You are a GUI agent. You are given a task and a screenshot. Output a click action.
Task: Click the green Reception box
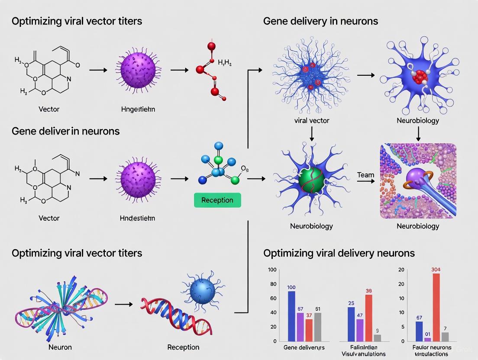tap(217, 200)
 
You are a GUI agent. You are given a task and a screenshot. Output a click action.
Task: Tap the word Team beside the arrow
tap(365, 175)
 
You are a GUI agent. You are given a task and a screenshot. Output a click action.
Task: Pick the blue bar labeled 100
tap(292, 316)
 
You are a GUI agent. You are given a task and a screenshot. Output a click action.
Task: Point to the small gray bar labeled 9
tap(378, 337)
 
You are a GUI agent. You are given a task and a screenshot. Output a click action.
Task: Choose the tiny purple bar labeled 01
tap(427, 339)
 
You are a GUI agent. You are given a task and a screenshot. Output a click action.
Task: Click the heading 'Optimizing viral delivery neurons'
tap(339, 253)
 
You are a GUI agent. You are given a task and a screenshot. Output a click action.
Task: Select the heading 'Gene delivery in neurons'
tap(320, 21)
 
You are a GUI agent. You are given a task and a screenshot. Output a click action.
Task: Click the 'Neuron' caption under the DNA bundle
tap(60, 347)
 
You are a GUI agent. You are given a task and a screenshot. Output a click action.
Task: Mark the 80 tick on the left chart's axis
tap(272, 284)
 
